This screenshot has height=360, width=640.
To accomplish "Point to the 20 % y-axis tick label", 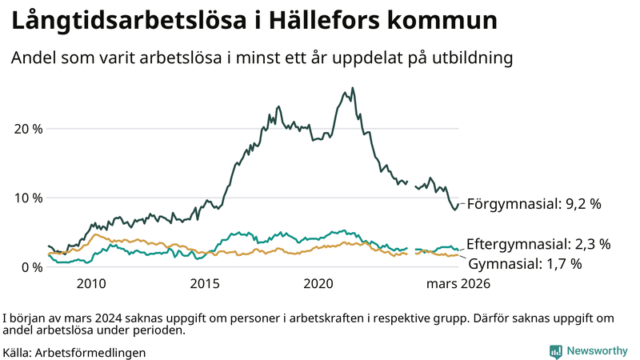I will (29, 129).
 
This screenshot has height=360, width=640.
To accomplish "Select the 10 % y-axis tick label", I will (29, 198).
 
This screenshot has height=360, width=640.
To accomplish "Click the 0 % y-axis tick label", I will (32, 266).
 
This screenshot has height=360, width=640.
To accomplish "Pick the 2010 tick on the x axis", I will (91, 283).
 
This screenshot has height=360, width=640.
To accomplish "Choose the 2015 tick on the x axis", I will (205, 283).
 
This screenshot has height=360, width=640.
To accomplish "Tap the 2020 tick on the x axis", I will (319, 283).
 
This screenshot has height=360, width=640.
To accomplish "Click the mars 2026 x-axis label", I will (458, 283).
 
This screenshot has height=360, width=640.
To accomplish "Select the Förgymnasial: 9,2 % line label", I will (534, 204).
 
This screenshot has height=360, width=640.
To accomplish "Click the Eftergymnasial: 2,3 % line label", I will (538, 244).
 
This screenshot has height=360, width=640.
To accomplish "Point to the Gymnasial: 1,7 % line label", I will (525, 263).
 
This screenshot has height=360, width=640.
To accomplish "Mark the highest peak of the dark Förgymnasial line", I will (353, 89).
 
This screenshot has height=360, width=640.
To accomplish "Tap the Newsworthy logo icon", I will (555, 350).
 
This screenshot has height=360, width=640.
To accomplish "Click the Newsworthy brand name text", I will (597, 350).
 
